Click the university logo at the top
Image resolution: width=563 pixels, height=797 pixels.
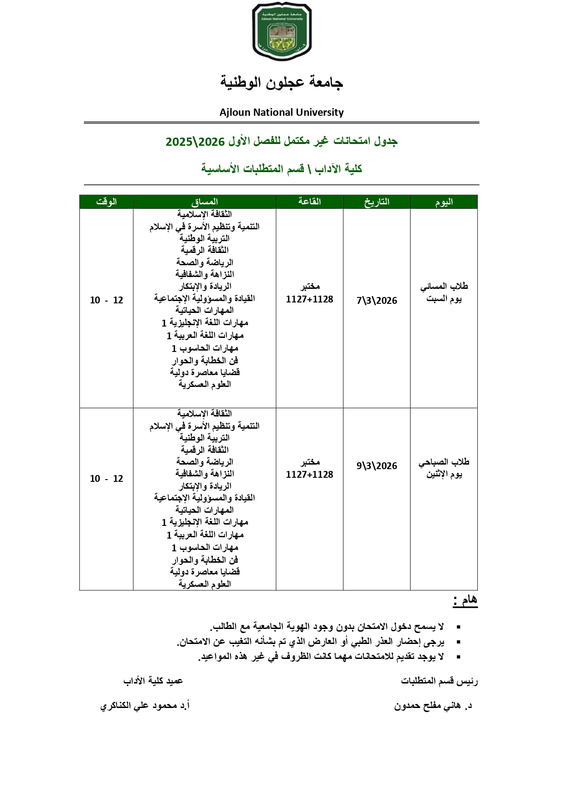coord(282,31)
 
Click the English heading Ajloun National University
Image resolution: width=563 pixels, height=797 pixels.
coord(281,112)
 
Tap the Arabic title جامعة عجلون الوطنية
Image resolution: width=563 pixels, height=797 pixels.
coord(281,82)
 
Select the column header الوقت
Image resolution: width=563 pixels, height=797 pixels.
coord(106,202)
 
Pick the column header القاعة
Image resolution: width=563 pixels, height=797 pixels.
coord(309,202)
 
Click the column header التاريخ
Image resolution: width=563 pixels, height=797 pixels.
coord(377,202)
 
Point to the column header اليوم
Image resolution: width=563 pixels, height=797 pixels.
coord(444,202)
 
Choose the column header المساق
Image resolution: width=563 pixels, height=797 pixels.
coord(205,202)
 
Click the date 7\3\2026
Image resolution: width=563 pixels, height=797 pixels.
coord(377,301)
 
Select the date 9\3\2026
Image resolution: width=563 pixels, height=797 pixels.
coord(377,466)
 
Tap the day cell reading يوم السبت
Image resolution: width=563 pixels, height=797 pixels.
coord(444,299)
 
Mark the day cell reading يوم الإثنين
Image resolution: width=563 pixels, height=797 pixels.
coord(444,475)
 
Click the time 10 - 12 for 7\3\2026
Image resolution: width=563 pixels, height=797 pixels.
coord(106,300)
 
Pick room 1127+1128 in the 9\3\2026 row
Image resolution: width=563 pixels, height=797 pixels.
coord(309,475)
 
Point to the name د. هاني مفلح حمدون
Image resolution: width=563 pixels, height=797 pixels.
coord(433,706)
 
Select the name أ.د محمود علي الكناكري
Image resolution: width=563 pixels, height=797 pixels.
coord(145,706)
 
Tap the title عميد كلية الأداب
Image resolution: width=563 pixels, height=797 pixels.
coord(153,681)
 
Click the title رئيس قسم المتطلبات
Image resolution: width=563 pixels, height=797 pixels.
coord(439,681)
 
